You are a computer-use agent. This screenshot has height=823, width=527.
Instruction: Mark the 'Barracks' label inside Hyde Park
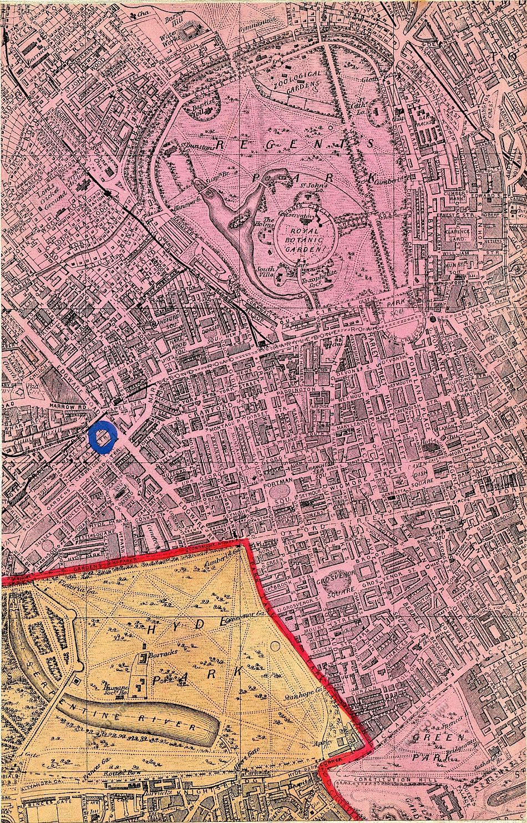click(155, 649)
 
